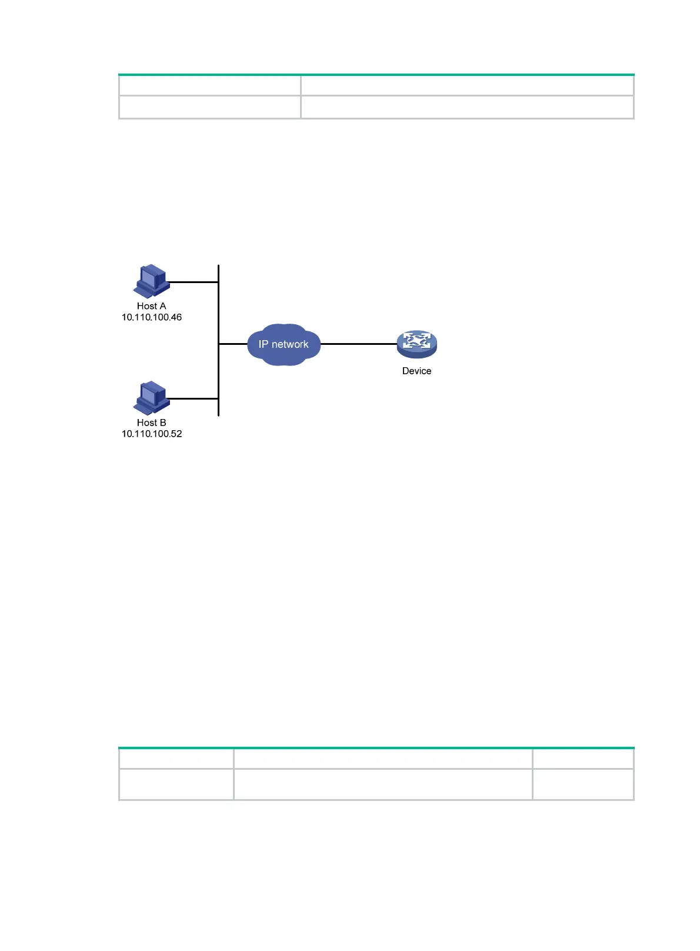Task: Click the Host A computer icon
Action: [152, 281]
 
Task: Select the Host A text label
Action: [151, 306]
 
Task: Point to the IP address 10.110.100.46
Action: [151, 317]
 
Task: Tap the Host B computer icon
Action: [152, 398]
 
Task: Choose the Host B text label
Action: [151, 423]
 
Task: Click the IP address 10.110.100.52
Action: [151, 434]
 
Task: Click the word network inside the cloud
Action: [290, 344]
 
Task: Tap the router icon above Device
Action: [416, 344]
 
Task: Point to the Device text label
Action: [416, 371]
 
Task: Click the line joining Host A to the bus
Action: [193, 282]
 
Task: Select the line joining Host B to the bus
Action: [193, 398]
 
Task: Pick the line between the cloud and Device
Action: [359, 344]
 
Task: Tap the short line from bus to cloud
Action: [233, 344]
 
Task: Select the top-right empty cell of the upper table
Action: [467, 85]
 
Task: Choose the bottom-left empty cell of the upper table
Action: [209, 107]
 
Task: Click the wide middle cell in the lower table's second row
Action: [382, 784]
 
